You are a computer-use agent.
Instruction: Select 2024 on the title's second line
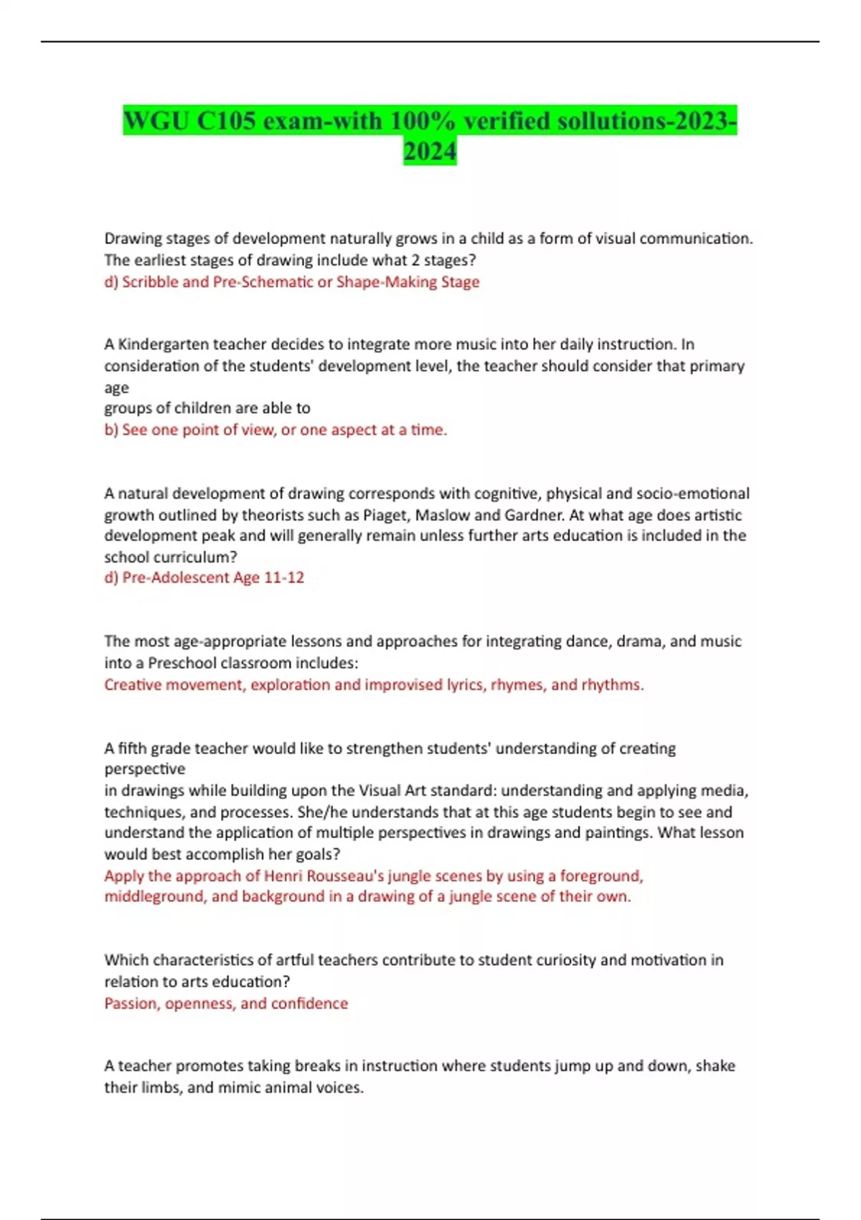coord(430,151)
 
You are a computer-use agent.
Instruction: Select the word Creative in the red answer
coord(133,685)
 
